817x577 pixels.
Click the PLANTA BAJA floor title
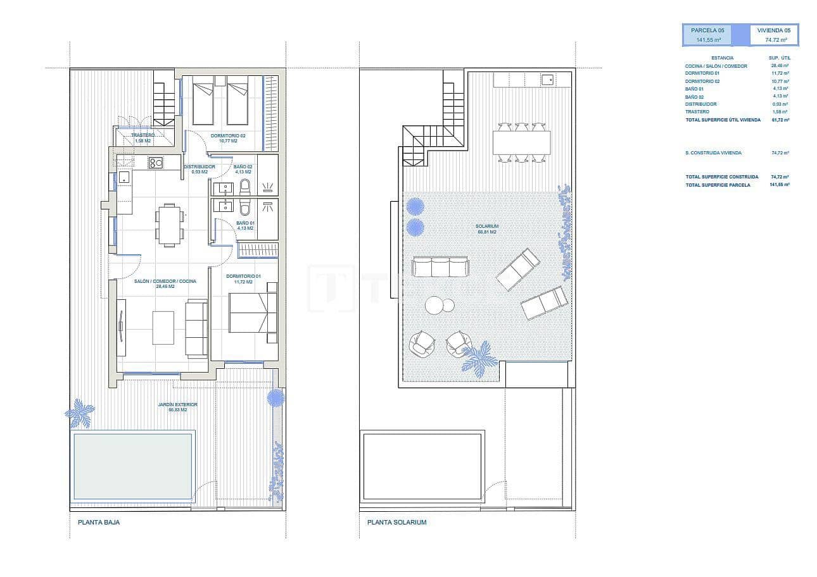click(98, 523)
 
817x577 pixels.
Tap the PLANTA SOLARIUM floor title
click(396, 523)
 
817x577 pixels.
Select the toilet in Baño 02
click(246, 186)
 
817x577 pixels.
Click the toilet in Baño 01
click(246, 207)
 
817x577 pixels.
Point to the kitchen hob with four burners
click(156, 163)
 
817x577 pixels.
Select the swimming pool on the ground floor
click(133, 466)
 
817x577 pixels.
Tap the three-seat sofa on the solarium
click(440, 266)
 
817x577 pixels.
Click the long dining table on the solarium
click(521, 142)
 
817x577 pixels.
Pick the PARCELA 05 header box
click(707, 34)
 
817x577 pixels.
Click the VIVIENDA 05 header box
click(773, 34)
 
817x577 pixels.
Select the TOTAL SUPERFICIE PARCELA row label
click(718, 185)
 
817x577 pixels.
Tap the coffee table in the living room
click(163, 327)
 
